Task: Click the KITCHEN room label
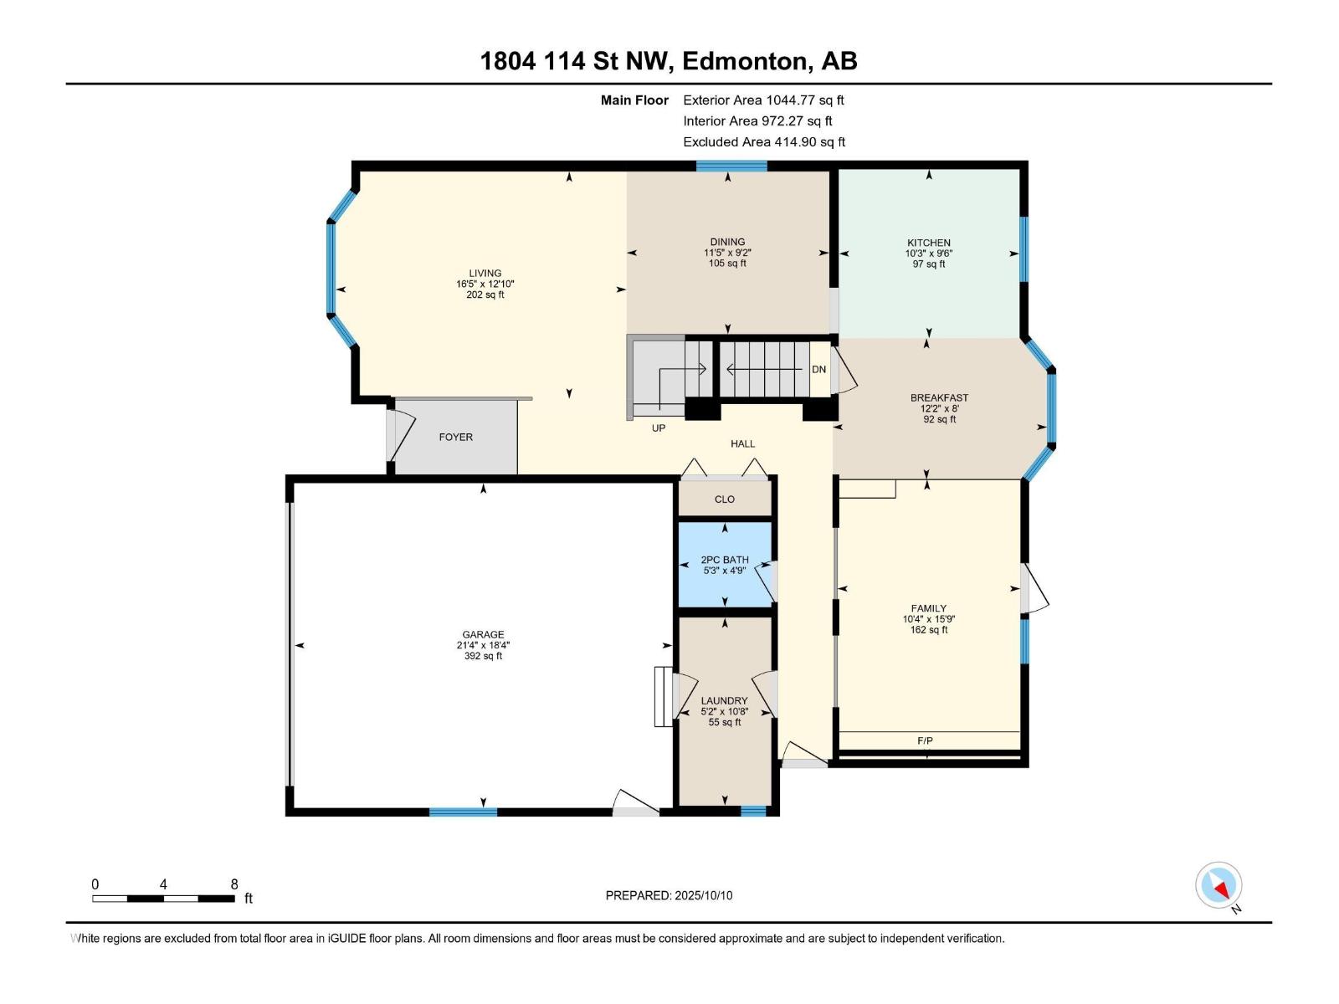click(x=928, y=243)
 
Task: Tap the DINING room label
click(x=727, y=242)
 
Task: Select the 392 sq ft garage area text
click(x=483, y=656)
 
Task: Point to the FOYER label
click(x=456, y=437)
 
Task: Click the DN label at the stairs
click(x=818, y=370)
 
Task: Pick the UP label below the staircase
click(x=659, y=428)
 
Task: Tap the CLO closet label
click(x=725, y=499)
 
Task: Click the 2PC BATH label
click(x=725, y=560)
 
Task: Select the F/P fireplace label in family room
click(x=925, y=740)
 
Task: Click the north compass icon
click(x=1218, y=886)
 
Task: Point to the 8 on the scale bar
click(x=234, y=884)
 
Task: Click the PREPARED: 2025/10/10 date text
click(x=669, y=895)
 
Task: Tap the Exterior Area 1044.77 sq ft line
click(x=764, y=100)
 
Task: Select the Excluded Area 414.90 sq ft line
click(x=764, y=142)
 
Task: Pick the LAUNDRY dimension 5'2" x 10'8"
click(x=725, y=711)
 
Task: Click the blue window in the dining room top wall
click(x=731, y=166)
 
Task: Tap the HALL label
click(x=742, y=443)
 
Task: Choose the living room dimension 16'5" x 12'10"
click(x=485, y=284)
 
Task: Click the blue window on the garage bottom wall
click(x=463, y=812)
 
